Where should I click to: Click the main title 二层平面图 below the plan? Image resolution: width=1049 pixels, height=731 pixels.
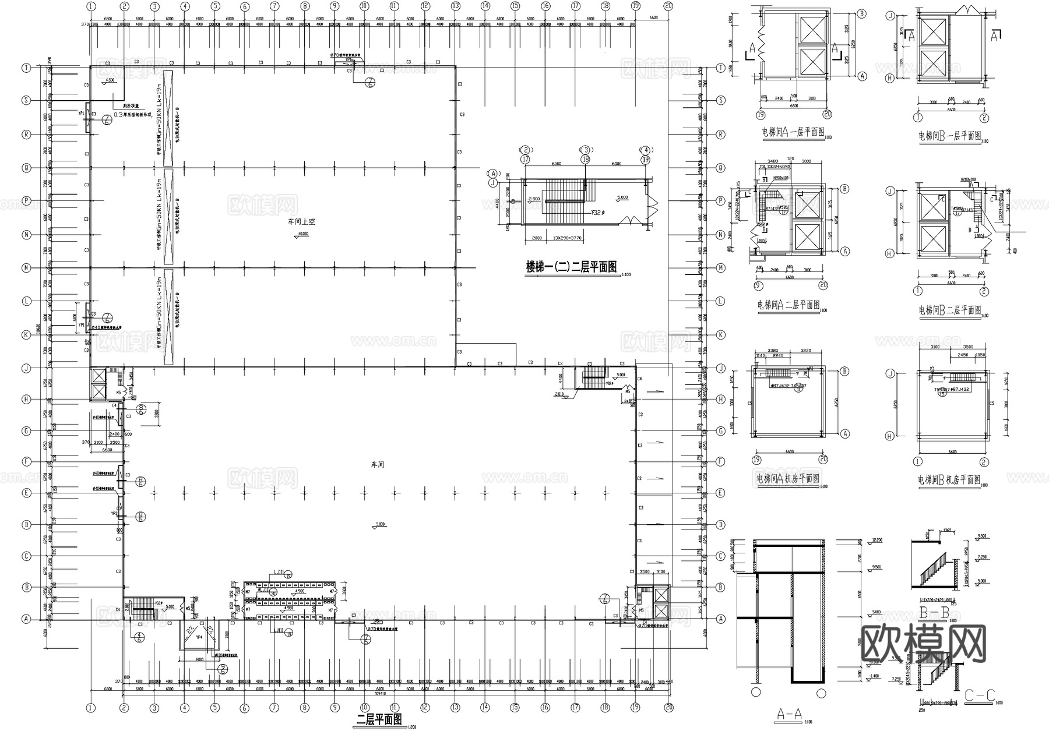pyautogui.click(x=379, y=720)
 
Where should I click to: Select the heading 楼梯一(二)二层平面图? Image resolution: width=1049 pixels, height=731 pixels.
pyautogui.click(x=571, y=267)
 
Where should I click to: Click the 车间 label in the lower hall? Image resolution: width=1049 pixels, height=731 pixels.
pyautogui.click(x=378, y=464)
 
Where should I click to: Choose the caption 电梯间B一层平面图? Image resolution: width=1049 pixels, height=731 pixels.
pyautogui.click(x=949, y=136)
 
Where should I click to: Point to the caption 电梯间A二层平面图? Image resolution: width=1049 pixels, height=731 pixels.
pyautogui.click(x=787, y=305)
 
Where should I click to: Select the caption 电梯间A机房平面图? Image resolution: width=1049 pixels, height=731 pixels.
pyautogui.click(x=787, y=479)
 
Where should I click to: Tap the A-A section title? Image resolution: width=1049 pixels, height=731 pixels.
pyautogui.click(x=790, y=714)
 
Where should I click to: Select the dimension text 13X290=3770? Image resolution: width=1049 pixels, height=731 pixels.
pyautogui.click(x=559, y=238)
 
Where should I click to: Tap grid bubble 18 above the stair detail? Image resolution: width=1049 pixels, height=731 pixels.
pyautogui.click(x=585, y=159)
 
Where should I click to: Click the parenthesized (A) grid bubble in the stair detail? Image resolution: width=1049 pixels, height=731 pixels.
pyautogui.click(x=494, y=173)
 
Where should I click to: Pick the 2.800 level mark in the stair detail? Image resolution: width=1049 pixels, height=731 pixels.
pyautogui.click(x=533, y=199)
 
